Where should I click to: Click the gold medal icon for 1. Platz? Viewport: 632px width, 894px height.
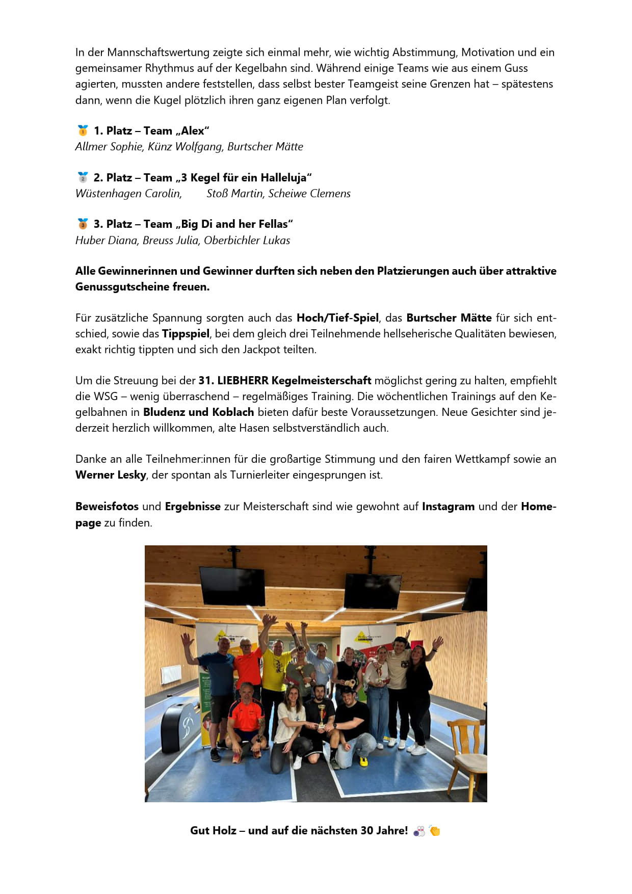[83, 130]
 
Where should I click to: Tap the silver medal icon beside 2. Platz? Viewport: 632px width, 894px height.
[83, 177]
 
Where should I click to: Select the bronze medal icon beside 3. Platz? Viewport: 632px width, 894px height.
[83, 224]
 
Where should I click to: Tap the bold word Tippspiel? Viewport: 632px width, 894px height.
[186, 334]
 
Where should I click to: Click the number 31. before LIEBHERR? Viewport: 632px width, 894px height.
[206, 381]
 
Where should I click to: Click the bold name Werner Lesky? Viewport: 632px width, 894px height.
[111, 475]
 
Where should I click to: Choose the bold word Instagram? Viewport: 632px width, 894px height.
[448, 507]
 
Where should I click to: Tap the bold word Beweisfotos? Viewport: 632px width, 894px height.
[107, 507]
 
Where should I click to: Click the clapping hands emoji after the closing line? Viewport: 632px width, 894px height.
[435, 831]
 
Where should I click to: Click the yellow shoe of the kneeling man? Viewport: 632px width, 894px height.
[363, 761]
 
